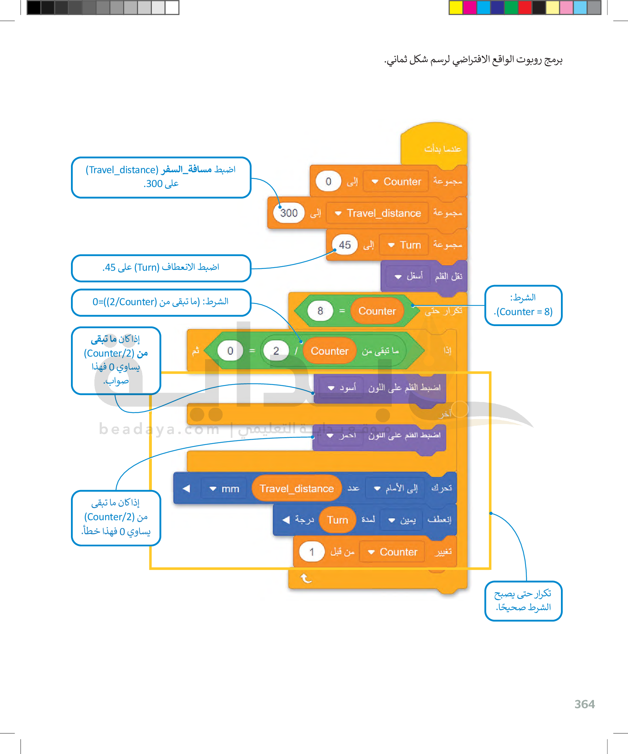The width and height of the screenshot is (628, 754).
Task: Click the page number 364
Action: coord(584,704)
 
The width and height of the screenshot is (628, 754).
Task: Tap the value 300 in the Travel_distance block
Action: coord(289,213)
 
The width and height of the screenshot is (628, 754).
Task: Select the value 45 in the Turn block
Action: coord(345,245)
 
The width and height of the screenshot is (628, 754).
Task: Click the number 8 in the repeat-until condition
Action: coord(320,310)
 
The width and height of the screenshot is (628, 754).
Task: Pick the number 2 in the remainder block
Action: coord(276,351)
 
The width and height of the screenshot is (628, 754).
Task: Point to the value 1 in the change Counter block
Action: coord(312,552)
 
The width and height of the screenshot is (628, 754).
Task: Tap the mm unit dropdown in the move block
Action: coord(225,489)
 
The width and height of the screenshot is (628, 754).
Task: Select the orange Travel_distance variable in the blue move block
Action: coord(297,488)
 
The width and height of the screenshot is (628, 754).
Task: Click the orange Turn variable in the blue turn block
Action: coord(337,520)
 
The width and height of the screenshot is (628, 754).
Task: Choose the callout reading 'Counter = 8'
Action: coord(523,305)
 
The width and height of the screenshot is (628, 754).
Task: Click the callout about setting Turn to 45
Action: coord(161,268)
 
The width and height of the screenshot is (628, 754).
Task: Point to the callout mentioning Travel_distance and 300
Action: coord(161,177)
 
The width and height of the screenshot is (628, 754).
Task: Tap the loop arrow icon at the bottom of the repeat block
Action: coord(305,578)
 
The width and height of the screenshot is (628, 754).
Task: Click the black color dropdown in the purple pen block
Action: coord(341,388)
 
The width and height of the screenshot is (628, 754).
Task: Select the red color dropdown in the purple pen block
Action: coord(341,435)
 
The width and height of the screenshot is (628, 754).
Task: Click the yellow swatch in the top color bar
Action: coord(456,7)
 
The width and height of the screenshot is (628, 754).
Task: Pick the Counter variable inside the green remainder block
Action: coord(330,351)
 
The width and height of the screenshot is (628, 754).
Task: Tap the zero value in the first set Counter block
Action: coord(328,181)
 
